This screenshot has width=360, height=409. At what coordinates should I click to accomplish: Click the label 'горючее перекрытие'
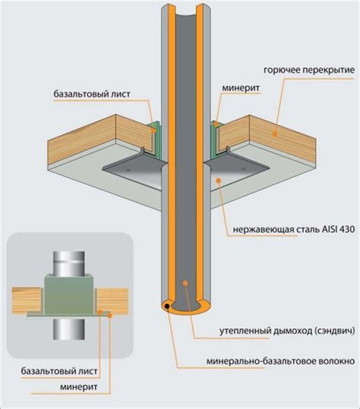pyautogui.click(x=309, y=70)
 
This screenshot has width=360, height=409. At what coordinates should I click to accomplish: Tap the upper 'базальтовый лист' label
pyautogui.click(x=92, y=94)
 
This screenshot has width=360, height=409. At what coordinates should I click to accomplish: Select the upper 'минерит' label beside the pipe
pyautogui.click(x=241, y=88)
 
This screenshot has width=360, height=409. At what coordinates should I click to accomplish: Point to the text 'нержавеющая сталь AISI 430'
pyautogui.click(x=294, y=229)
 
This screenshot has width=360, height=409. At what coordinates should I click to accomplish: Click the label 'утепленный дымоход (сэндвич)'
pyautogui.click(x=287, y=331)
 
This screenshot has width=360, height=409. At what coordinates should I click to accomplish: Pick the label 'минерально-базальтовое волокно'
pyautogui.click(x=281, y=361)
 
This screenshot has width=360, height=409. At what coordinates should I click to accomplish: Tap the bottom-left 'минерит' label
pyautogui.click(x=78, y=386)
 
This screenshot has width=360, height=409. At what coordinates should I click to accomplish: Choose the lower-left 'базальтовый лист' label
pyautogui.click(x=59, y=371)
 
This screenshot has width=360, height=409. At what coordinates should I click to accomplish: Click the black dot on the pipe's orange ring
pyautogui.click(x=167, y=307)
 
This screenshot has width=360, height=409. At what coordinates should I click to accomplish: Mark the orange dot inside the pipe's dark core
pyautogui.click(x=185, y=283)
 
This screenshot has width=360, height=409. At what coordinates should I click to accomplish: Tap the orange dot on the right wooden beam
pyautogui.click(x=275, y=134)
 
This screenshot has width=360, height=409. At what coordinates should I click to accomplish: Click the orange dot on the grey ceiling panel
pyautogui.click(x=219, y=180)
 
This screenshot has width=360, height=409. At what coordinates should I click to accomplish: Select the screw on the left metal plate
pyautogui.click(x=128, y=170)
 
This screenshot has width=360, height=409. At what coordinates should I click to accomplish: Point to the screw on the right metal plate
pyautogui.click(x=243, y=169)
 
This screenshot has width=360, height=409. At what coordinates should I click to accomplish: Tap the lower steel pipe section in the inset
pyautogui.click(x=69, y=329)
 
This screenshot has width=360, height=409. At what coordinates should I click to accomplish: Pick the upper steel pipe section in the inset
pyautogui.click(x=69, y=263)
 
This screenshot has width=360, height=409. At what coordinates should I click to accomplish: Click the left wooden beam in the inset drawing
pyautogui.click(x=27, y=300)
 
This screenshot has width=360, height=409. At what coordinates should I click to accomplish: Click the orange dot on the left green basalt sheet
pyautogui.click(x=154, y=131)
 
